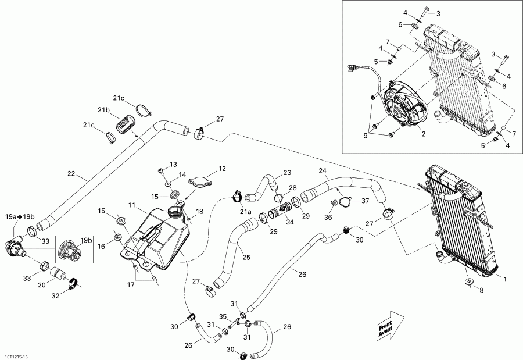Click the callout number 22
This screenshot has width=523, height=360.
[71, 173]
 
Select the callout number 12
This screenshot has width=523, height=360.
[221, 169]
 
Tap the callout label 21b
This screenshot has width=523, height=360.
[103, 110]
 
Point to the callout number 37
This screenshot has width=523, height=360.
[365, 201]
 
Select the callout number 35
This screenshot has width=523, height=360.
[223, 317]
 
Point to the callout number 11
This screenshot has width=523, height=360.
[132, 205]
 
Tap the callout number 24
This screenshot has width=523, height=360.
[323, 170]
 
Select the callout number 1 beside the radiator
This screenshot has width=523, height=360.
[504, 279]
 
